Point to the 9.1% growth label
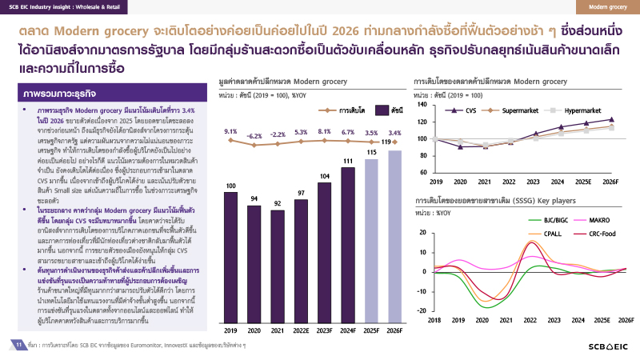[x=231, y=131]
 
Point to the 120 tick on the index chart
[x=423, y=122]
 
